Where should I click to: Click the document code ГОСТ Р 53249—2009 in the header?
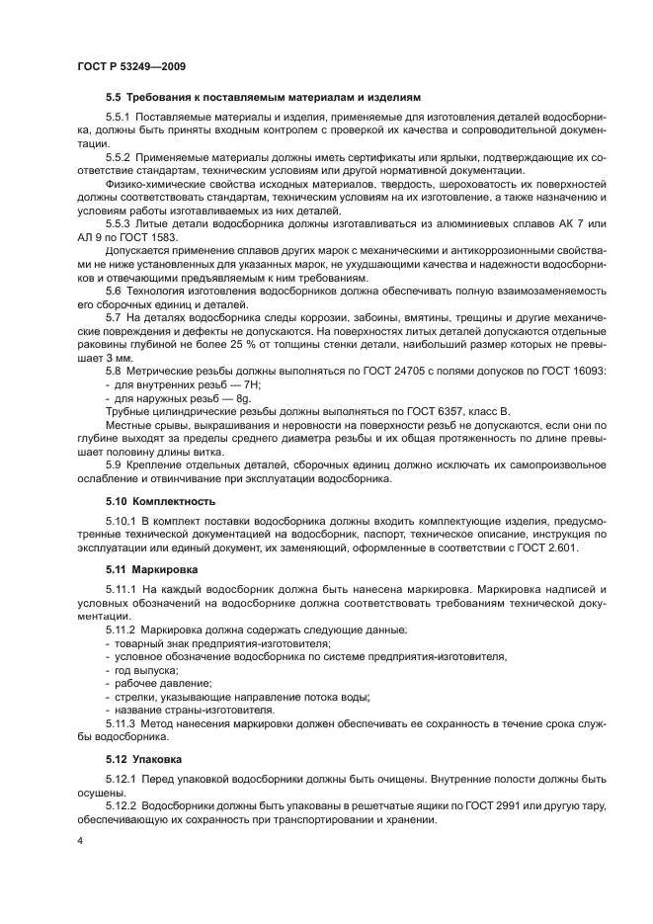click(130, 66)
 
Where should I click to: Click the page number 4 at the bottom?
click(79, 841)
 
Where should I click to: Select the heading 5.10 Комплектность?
click(160, 501)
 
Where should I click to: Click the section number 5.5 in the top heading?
click(114, 99)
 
